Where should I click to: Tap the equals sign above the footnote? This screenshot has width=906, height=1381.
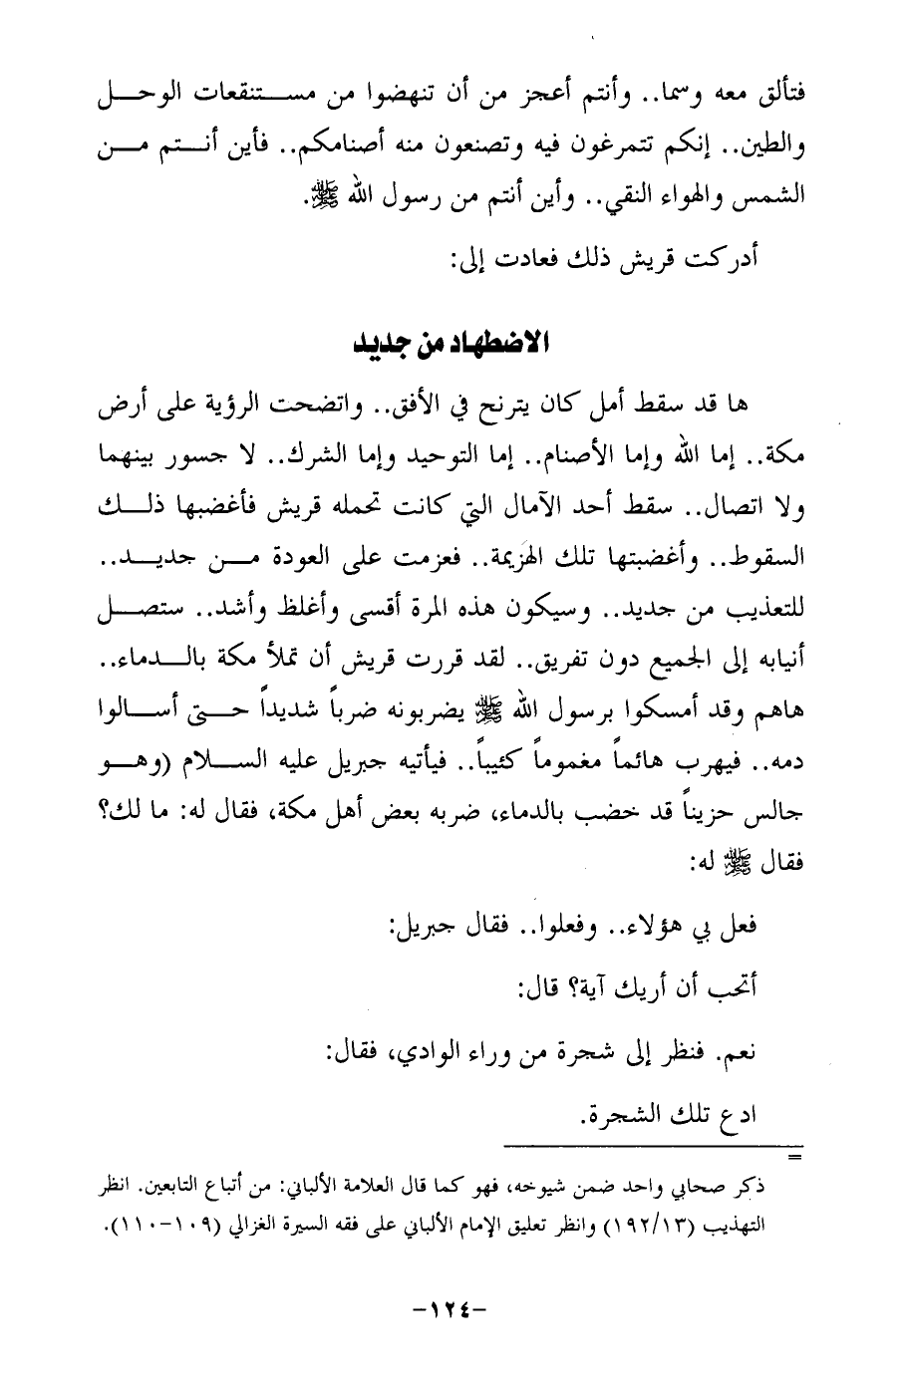(x=794, y=1156)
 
